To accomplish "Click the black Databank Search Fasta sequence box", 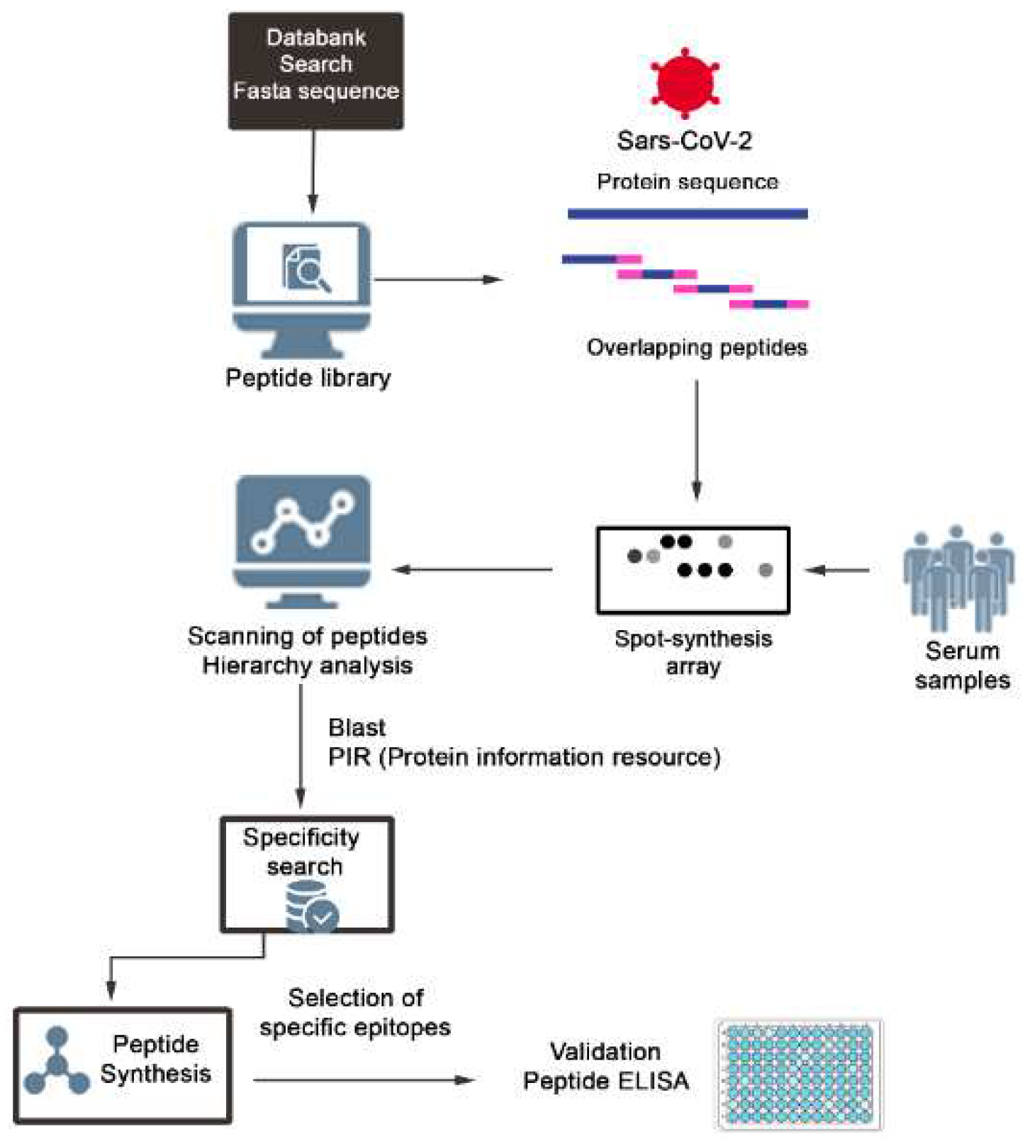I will pyautogui.click(x=315, y=71).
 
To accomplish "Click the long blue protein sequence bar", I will pyautogui.click(x=687, y=213).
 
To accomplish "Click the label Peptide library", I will pyautogui.click(x=308, y=378).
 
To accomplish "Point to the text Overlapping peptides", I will pyautogui.click(x=696, y=347).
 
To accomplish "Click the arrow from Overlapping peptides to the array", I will pyautogui.click(x=696, y=439).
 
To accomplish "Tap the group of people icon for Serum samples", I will pyautogui.click(x=958, y=578).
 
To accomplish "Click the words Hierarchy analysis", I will pyautogui.click(x=307, y=666).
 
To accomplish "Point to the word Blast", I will pyautogui.click(x=357, y=727).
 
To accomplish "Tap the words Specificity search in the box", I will pyautogui.click(x=302, y=851).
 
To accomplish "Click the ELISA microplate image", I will pyautogui.click(x=799, y=1075).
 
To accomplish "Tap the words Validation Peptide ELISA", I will pyautogui.click(x=605, y=1066).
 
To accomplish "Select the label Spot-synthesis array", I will pyautogui.click(x=693, y=652).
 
